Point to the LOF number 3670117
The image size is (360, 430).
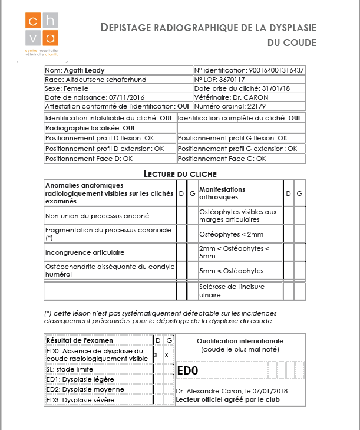tap(233, 79)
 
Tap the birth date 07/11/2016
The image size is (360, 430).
tap(110, 97)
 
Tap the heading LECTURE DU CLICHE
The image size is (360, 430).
tap(180, 173)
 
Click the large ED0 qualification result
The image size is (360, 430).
tap(187, 370)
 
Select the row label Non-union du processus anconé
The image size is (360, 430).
tap(97, 216)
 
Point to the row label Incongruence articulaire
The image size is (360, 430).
tap(85, 252)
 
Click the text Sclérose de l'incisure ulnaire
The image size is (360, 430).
tap(232, 290)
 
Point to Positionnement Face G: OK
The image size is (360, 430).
tap(222, 159)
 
